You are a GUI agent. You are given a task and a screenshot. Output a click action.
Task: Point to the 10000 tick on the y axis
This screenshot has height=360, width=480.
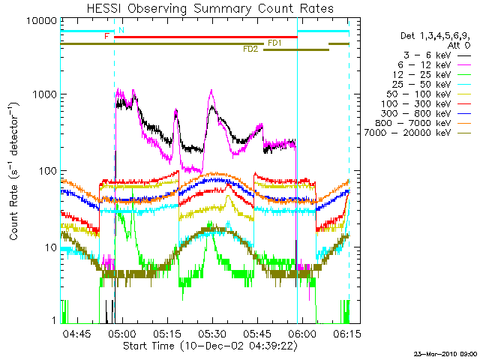(43, 20)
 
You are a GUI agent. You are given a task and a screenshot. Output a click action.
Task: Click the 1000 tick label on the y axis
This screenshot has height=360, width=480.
(46, 95)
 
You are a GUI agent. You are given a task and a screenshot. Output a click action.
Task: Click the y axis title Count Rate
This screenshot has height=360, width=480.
(14, 171)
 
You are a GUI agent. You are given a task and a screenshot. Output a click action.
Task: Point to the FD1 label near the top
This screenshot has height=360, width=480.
(274, 43)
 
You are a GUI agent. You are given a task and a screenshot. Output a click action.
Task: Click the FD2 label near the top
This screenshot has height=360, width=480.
(250, 49)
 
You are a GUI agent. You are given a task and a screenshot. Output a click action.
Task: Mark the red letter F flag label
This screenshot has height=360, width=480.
(107, 36)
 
